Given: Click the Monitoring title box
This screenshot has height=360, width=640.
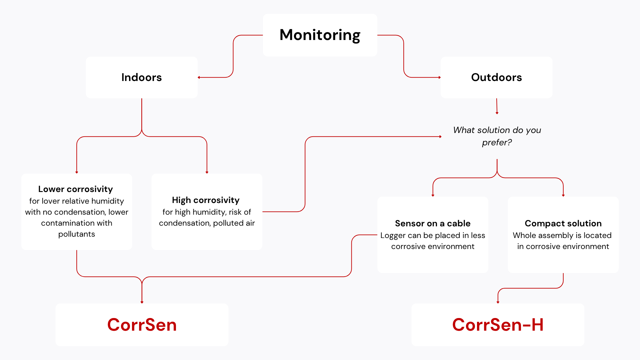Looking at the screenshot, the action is click(x=320, y=35).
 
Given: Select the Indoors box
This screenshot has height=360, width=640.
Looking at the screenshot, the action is click(x=142, y=77).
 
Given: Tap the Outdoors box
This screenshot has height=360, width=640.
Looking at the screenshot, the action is click(x=496, y=77).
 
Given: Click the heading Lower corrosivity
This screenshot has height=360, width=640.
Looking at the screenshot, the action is click(x=76, y=189).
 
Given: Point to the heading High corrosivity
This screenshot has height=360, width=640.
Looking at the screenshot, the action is click(x=206, y=200).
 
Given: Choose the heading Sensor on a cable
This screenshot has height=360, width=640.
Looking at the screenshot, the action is click(x=433, y=223).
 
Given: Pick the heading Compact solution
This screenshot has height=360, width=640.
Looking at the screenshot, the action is click(x=563, y=223).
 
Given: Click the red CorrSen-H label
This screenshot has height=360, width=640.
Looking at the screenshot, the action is click(x=498, y=325).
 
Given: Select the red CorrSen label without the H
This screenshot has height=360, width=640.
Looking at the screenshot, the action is click(x=142, y=325).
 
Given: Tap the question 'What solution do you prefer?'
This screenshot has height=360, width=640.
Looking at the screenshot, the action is click(x=497, y=136).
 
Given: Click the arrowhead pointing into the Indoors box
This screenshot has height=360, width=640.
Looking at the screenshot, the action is click(x=199, y=77).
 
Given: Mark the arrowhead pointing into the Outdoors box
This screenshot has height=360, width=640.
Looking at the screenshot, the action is click(x=440, y=77).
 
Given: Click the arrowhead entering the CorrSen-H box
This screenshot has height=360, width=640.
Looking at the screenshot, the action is click(x=498, y=302).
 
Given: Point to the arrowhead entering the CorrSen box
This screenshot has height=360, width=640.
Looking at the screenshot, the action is click(x=142, y=302).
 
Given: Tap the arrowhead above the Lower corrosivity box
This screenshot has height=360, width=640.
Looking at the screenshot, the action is click(x=77, y=172).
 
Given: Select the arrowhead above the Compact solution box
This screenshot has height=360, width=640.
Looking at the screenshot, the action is click(x=563, y=195).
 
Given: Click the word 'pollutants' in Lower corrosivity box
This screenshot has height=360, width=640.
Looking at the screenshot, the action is click(x=77, y=234).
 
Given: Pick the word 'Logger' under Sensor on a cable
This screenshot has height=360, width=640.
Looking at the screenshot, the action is click(x=393, y=235).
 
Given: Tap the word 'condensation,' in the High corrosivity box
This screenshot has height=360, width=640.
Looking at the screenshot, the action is click(x=185, y=223).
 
